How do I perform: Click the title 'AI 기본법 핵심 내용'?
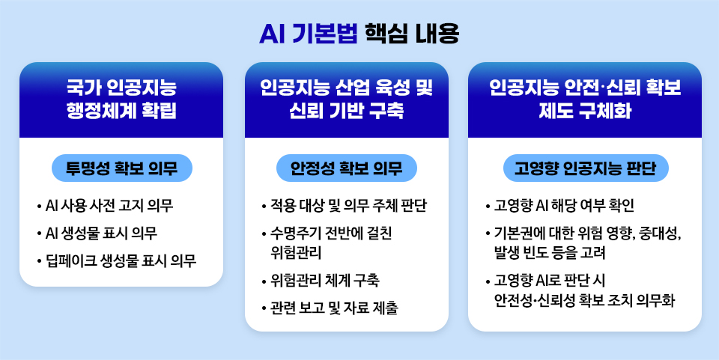[x=359, y=34]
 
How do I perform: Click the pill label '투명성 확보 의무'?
[x=121, y=168]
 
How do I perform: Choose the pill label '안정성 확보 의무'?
[x=346, y=168]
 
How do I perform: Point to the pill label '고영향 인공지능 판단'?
[x=585, y=168]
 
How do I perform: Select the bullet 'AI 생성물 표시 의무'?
[x=100, y=233]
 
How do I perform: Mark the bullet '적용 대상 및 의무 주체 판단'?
[x=349, y=205]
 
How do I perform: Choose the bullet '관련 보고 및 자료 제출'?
[x=334, y=308]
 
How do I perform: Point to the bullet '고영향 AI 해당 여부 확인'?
[x=564, y=205]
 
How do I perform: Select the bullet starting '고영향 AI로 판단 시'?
[x=584, y=290]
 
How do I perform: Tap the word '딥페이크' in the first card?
[x=73, y=260]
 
